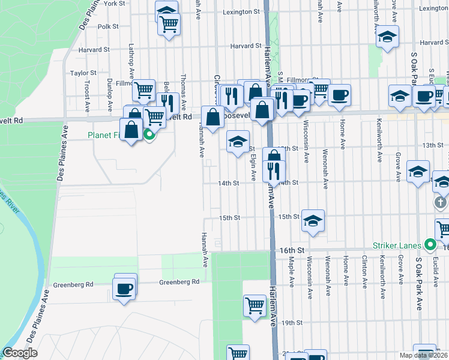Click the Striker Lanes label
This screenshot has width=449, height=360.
point(398,245)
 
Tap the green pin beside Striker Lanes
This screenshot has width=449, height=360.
point(430,245)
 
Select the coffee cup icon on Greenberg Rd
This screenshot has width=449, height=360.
point(124,289)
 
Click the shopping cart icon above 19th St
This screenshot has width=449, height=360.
point(255,305)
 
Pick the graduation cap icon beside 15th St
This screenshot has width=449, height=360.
point(313,221)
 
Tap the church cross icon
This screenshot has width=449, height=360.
point(441,202)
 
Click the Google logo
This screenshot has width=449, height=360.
point(20,353)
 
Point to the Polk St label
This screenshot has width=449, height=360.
point(109,26)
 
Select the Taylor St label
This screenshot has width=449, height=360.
point(83,73)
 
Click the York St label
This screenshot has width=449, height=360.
point(113,3)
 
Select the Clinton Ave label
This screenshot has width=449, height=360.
point(364,271)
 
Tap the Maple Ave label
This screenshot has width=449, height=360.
point(291,271)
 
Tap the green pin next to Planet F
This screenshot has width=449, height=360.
point(149,134)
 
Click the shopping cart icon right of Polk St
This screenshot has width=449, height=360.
point(169,25)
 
